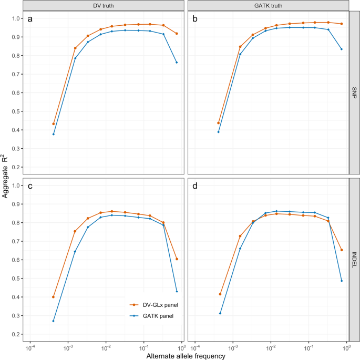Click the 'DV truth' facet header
coord(105,5)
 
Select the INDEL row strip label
coord(354,260)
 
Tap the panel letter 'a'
coord(30,19)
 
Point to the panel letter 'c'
coord(30,186)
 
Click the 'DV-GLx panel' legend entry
coord(155,304)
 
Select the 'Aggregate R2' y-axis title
coord(5,176)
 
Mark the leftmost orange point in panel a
coord(54,124)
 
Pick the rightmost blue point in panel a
coord(177,63)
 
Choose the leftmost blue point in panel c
coord(54,321)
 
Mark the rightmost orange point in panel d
coord(342,250)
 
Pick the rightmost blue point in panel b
coord(342,49)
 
